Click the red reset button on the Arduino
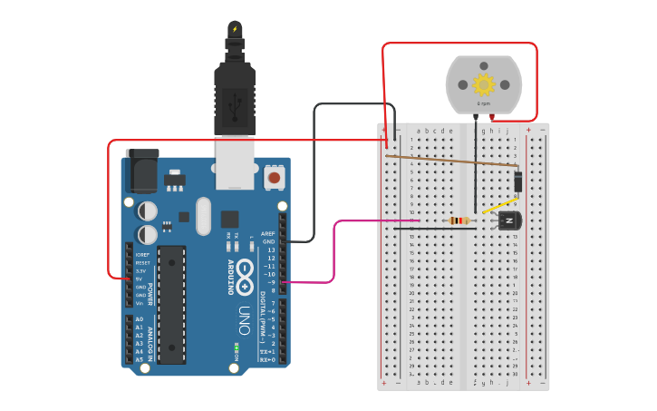pos(273,178)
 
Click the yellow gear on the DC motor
pos(484,84)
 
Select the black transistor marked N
pos(508,220)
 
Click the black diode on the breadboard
pos(517,182)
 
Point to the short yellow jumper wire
pos(498,207)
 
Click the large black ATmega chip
pos(171,299)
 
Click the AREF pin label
pos(268,234)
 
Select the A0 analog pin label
pos(139,319)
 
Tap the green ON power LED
pos(237,347)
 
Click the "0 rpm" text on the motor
pos(484,103)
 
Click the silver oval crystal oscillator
pos(203,216)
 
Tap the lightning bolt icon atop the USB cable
pos(235,29)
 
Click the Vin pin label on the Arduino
pos(140,303)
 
